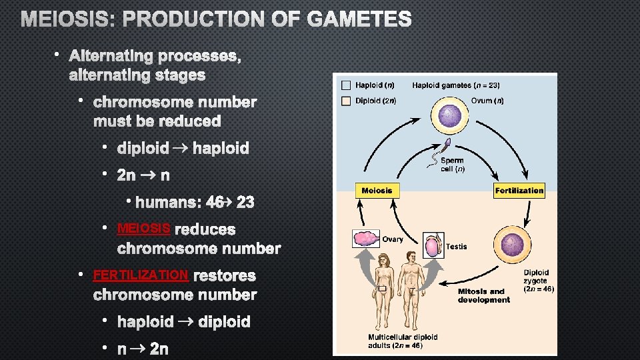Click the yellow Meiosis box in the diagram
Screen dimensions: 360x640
(x=377, y=191)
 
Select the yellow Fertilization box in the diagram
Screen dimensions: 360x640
(x=519, y=191)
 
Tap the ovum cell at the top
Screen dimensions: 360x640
(x=451, y=117)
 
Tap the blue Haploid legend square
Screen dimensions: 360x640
(x=346, y=85)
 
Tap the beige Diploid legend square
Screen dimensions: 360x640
(x=346, y=101)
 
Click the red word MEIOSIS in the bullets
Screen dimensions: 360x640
(x=143, y=229)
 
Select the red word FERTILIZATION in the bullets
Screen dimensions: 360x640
(x=141, y=275)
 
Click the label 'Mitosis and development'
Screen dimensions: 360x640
(x=483, y=295)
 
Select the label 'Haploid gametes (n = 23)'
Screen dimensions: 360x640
(x=456, y=85)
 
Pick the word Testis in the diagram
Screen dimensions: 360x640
(x=457, y=247)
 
